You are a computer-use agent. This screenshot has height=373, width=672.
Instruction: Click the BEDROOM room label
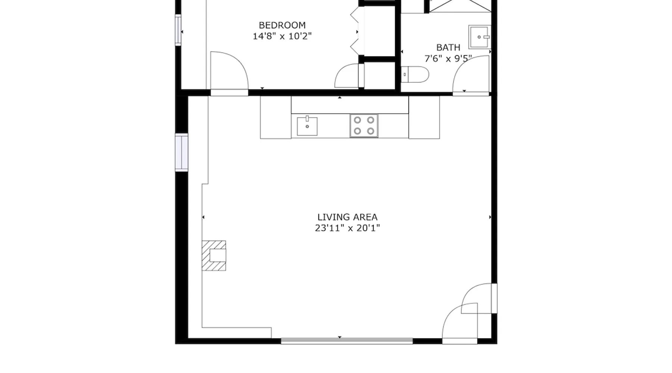point(282,25)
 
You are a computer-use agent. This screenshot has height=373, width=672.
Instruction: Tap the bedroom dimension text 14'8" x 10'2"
point(282,36)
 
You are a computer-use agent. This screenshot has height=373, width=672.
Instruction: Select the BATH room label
point(448,48)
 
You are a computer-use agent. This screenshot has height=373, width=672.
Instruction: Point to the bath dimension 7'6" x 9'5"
point(448,59)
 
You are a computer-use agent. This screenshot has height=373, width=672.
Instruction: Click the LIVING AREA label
point(347,217)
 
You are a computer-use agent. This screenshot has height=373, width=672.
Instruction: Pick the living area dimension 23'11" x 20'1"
point(347,228)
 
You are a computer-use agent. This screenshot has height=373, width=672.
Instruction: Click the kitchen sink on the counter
point(307,126)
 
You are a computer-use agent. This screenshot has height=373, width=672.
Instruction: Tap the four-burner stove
point(364,126)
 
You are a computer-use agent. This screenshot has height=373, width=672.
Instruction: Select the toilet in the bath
point(415,75)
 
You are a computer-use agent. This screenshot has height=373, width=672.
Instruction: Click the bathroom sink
point(480,37)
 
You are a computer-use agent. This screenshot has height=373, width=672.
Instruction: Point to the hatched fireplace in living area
point(214,256)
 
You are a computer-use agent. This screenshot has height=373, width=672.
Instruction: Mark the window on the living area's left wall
point(181,152)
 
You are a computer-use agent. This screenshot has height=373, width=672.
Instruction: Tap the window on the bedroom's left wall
point(178,30)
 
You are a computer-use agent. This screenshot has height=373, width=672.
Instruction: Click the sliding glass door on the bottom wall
point(347,341)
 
